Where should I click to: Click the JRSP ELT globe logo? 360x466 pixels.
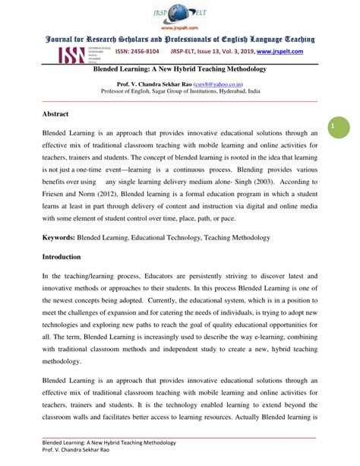click(x=180, y=13)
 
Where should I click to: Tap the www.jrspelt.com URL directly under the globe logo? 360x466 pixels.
click(x=180, y=30)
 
